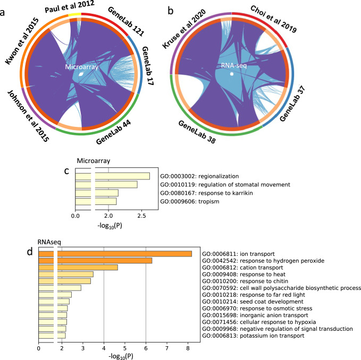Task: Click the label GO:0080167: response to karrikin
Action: point(197,193)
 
